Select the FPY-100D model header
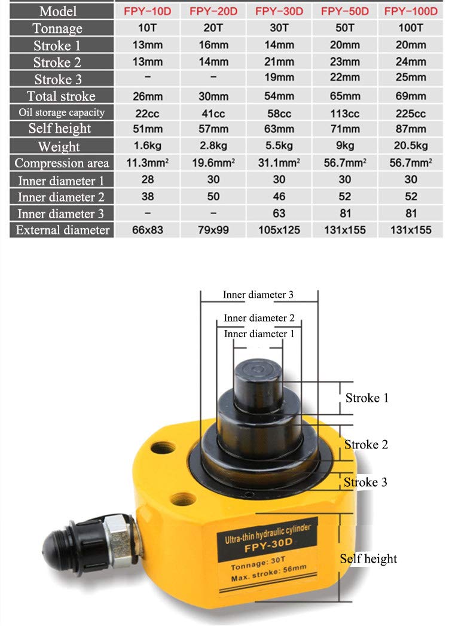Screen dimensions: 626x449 (411, 11)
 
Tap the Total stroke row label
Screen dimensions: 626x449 (61, 96)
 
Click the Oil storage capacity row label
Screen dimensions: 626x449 (61, 112)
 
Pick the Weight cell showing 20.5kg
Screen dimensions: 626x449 (411, 146)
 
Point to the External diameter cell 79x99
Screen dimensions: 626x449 (213, 230)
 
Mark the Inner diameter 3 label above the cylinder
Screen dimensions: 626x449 (258, 295)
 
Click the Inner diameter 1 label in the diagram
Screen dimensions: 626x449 (259, 334)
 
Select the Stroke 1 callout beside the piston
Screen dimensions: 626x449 (367, 398)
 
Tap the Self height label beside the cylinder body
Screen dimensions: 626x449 (368, 559)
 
